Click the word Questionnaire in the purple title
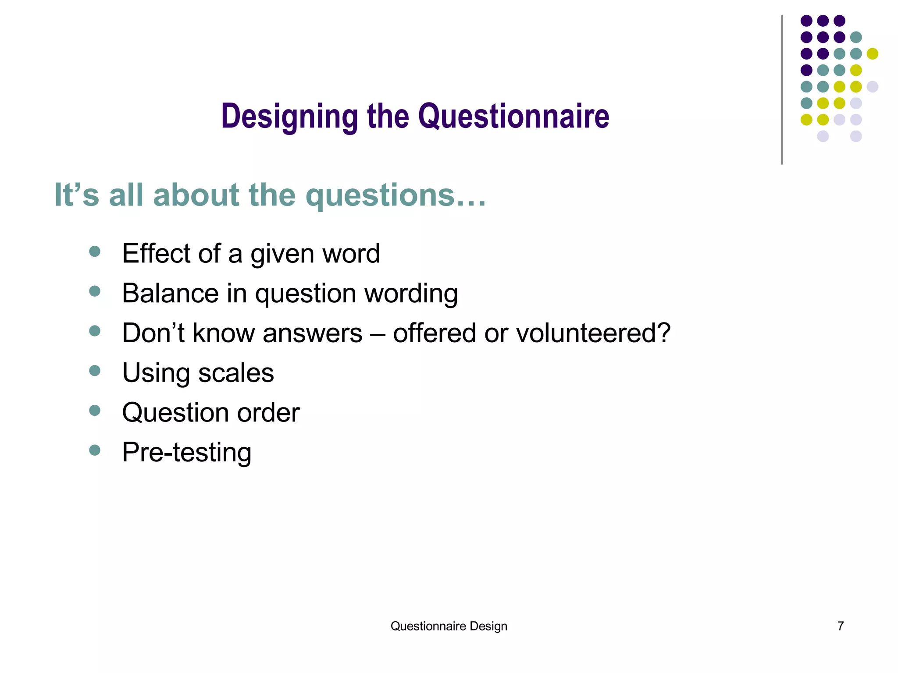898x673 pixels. [513, 117]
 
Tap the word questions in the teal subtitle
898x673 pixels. [379, 195]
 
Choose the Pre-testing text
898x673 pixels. [187, 453]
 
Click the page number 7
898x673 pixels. [841, 626]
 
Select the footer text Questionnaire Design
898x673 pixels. [449, 626]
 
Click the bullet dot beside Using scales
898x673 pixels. [95, 371]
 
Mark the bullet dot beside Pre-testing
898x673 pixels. [95, 450]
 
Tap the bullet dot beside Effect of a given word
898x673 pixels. [95, 251]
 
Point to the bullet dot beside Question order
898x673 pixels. [95, 411]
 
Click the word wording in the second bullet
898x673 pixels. [411, 294]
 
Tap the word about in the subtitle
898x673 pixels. [196, 195]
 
